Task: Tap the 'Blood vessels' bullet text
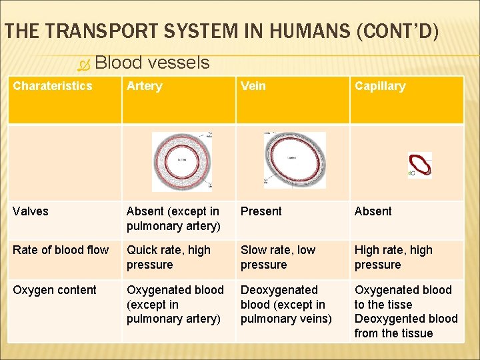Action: (152, 63)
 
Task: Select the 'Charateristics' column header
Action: (53, 86)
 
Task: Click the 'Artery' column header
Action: (144, 86)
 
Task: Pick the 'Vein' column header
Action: (253, 86)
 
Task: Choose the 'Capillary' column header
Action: (380, 86)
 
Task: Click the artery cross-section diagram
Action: (181, 161)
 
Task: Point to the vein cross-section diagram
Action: (295, 160)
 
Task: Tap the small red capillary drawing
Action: (420, 164)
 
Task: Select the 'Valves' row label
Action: (31, 211)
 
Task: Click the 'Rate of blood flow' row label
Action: (61, 250)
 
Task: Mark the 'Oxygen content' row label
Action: (55, 290)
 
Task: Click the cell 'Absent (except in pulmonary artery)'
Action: (173, 219)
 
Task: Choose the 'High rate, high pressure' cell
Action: (393, 257)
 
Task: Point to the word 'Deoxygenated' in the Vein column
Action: (279, 290)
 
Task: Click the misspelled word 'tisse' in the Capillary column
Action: (401, 305)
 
